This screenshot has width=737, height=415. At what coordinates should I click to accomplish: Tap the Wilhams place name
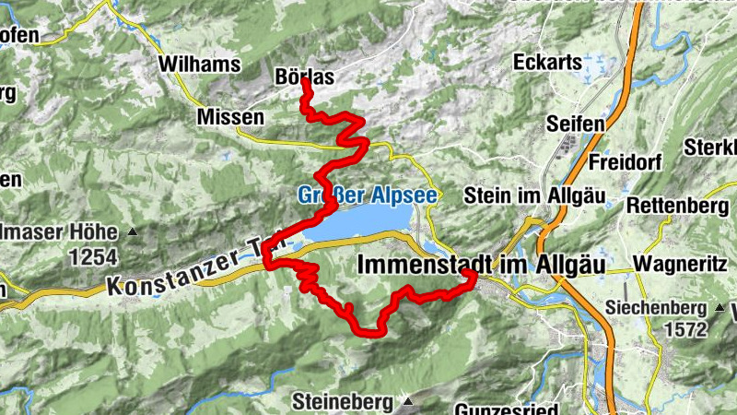199,65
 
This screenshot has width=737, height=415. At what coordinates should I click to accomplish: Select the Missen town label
230,118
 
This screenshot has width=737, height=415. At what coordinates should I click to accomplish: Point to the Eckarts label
550,63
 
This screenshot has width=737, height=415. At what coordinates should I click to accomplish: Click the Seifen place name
576,124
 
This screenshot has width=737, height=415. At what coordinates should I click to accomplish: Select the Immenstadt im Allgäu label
480,265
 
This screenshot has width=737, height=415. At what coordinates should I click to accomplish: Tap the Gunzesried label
508,407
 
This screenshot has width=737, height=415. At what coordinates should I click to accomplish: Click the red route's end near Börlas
305,82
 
